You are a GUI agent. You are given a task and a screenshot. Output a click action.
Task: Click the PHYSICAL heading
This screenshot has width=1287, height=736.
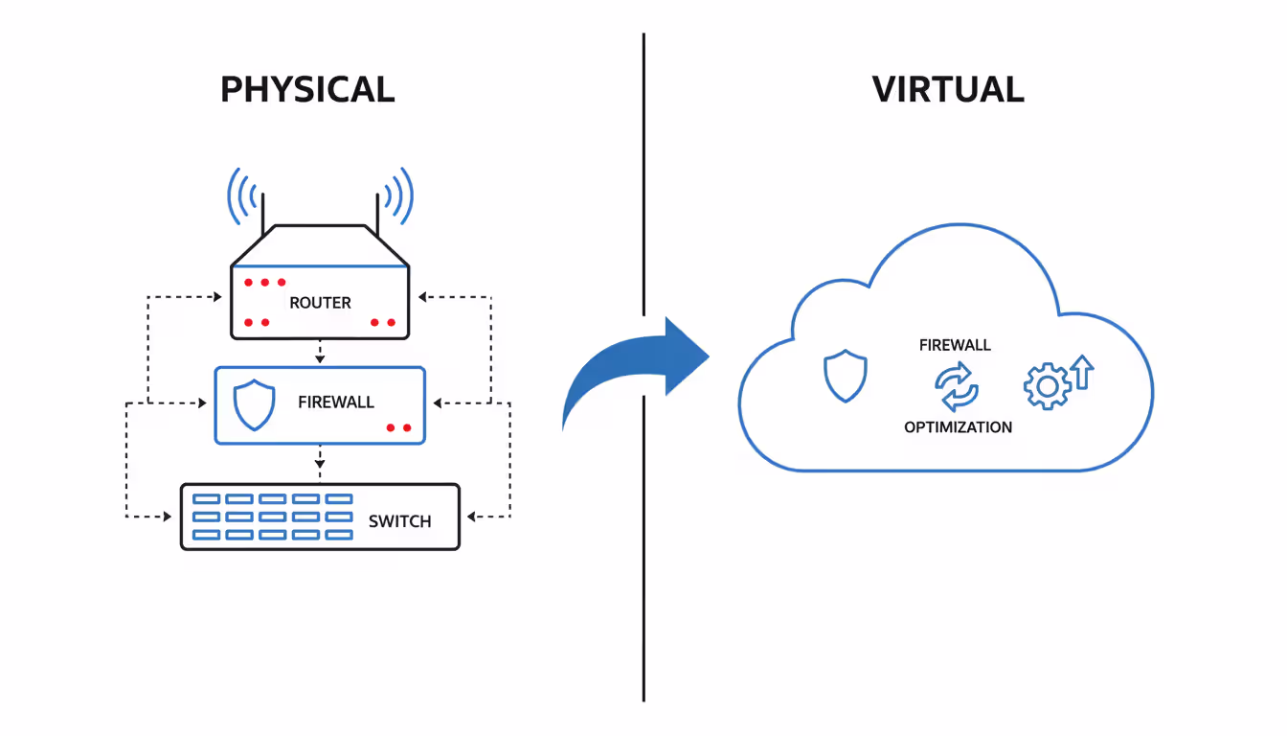(307, 89)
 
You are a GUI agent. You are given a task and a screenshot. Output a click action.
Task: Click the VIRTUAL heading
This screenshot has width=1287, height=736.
(948, 89)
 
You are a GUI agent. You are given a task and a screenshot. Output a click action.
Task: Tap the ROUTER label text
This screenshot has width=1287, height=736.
(320, 303)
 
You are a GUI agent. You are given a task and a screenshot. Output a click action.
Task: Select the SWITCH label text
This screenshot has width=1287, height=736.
(399, 521)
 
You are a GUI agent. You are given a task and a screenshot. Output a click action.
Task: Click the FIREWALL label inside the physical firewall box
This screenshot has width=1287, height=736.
(335, 402)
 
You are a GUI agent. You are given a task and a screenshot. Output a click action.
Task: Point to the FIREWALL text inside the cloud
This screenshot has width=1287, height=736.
(955, 345)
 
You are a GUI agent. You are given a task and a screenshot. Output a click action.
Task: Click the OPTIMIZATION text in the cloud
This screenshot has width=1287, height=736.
(958, 427)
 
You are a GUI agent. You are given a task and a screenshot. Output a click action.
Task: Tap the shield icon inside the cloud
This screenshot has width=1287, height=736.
(846, 377)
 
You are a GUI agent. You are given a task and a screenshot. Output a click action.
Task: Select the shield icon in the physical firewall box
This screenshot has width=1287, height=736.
(255, 404)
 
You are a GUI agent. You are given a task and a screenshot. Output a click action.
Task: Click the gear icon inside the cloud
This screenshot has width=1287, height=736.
(1046, 386)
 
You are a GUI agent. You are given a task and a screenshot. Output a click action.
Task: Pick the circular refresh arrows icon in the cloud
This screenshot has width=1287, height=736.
(957, 386)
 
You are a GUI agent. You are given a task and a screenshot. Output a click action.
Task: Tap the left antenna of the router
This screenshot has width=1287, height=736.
(263, 215)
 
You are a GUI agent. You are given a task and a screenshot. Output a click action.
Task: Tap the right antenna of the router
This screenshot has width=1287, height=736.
(377, 215)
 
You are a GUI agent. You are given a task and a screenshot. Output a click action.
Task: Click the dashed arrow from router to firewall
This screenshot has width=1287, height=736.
(320, 353)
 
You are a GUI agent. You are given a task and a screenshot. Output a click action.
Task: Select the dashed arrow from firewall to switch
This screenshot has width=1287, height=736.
(320, 463)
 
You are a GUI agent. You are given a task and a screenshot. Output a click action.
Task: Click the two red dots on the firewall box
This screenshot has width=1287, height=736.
(398, 427)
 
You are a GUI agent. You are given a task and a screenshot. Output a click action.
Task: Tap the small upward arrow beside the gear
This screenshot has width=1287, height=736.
(1082, 372)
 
